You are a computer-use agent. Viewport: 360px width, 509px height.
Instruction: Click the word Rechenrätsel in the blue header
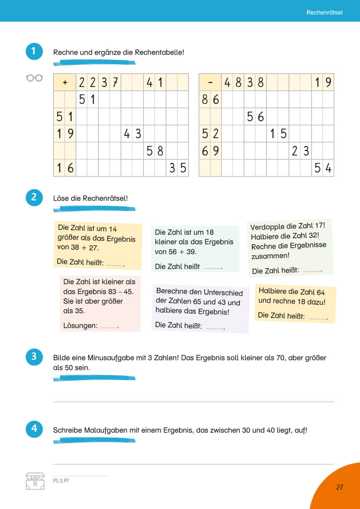coord(324,12)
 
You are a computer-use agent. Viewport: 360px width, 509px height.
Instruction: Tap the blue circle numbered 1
coord(34,51)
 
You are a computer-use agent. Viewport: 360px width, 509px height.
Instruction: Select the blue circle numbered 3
coord(34,357)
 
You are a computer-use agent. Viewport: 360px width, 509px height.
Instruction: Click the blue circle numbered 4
coord(34,429)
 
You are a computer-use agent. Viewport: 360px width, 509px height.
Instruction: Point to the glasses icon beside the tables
coord(34,78)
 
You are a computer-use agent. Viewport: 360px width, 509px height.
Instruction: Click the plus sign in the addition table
coord(65,83)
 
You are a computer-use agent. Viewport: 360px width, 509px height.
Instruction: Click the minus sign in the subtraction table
coord(210,83)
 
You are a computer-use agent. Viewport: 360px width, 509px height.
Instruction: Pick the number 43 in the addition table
coord(132,134)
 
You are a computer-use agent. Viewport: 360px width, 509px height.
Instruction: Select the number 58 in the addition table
coord(155,151)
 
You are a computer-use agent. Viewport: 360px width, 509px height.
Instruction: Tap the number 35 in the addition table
coord(178,168)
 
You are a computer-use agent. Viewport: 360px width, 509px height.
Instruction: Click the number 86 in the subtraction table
coord(210,100)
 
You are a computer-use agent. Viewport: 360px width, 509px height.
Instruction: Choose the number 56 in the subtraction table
coord(255,117)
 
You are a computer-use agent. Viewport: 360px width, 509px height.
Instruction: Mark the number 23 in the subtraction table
coord(300,151)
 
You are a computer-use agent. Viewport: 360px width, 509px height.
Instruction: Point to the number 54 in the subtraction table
coord(323,168)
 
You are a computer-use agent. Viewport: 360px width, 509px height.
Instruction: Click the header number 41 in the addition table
coord(155,83)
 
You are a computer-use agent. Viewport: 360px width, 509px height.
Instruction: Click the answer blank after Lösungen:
coord(109,326)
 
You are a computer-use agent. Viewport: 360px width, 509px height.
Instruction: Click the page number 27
coord(339,487)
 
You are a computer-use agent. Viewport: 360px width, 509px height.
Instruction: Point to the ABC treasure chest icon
coord(35,481)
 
